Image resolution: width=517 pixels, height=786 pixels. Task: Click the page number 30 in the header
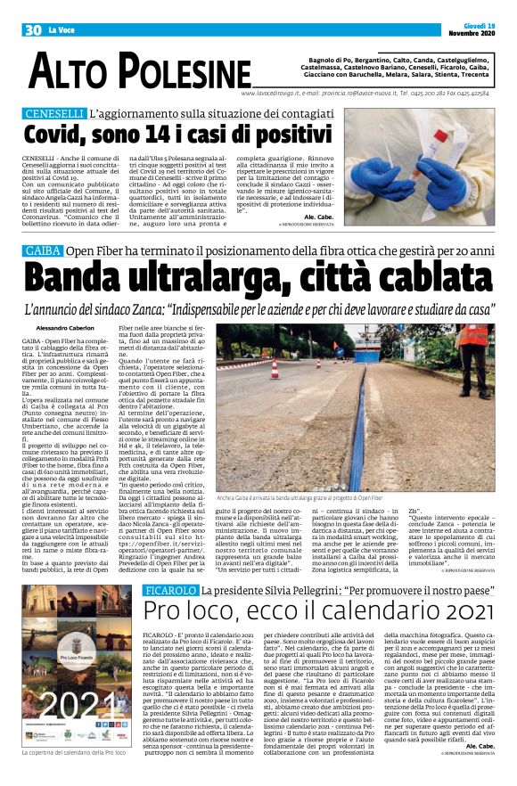click(x=33, y=30)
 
